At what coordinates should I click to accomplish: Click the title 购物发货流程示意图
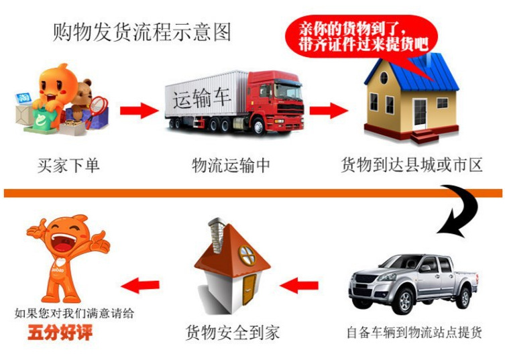142,32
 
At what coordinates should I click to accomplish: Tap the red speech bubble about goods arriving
362,36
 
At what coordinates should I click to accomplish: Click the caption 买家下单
68,166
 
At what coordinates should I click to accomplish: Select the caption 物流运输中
231,166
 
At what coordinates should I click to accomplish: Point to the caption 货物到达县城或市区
412,165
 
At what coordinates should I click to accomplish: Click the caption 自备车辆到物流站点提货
414,333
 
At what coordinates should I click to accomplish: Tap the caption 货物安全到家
233,333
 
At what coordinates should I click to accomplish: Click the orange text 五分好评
60,333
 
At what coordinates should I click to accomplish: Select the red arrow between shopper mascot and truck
139,111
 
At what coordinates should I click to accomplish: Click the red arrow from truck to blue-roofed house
329,111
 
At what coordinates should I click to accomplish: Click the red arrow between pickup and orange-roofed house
299,286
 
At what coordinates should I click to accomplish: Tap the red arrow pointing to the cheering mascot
140,286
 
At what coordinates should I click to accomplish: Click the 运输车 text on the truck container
202,98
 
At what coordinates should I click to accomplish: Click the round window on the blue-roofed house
384,78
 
